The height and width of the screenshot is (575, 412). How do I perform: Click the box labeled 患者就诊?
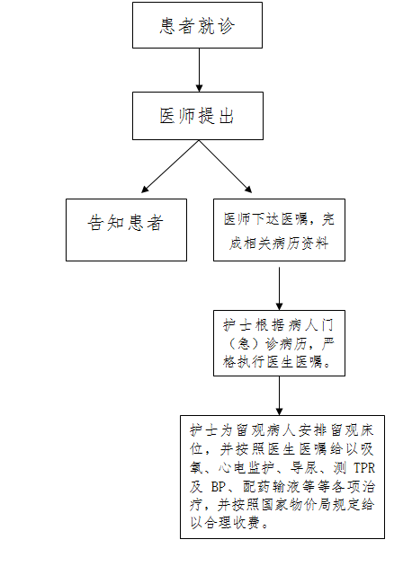pyautogui.click(x=197, y=25)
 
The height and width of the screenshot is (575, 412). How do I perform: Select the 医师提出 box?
pyautogui.click(x=198, y=116)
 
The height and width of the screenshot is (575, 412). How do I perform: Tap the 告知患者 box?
pyautogui.click(x=126, y=230)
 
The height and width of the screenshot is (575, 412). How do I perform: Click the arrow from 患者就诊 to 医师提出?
pyautogui.click(x=199, y=70)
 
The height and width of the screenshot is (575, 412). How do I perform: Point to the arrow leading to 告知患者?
pyautogui.click(x=170, y=166)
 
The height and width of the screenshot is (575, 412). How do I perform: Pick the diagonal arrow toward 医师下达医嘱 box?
pyautogui.click(x=226, y=166)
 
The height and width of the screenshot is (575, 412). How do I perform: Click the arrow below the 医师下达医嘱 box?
pyautogui.click(x=279, y=288)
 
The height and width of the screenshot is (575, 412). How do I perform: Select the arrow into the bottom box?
pyautogui.click(x=279, y=395)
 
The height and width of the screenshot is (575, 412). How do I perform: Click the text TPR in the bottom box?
pyautogui.click(x=364, y=468)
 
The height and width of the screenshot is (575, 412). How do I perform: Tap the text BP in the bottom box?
pyautogui.click(x=218, y=487)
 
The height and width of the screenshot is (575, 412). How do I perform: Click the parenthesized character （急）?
pyautogui.click(x=244, y=343)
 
